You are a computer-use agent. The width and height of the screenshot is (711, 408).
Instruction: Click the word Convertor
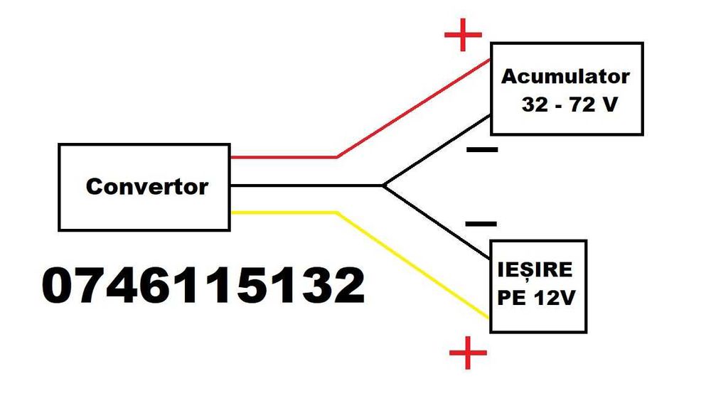click(146, 186)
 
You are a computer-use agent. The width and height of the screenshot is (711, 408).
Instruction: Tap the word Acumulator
click(565, 76)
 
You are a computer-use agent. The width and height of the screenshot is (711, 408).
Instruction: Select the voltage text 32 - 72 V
click(568, 104)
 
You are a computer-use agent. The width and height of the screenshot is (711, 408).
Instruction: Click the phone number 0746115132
click(203, 286)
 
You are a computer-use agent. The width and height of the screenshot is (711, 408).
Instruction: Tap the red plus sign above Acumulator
click(463, 33)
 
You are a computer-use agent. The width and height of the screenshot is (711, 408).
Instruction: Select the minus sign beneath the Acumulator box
click(482, 150)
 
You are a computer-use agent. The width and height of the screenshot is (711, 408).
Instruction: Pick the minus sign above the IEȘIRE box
click(481, 223)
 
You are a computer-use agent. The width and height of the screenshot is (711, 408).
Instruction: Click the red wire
click(412, 109)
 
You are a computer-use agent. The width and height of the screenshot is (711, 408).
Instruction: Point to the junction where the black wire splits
click(383, 186)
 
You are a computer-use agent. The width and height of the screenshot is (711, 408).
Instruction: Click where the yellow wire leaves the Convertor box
click(231, 213)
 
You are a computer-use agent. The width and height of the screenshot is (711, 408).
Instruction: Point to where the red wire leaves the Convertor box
click(231, 156)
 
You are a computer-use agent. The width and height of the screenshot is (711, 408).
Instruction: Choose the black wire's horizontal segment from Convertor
click(306, 186)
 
